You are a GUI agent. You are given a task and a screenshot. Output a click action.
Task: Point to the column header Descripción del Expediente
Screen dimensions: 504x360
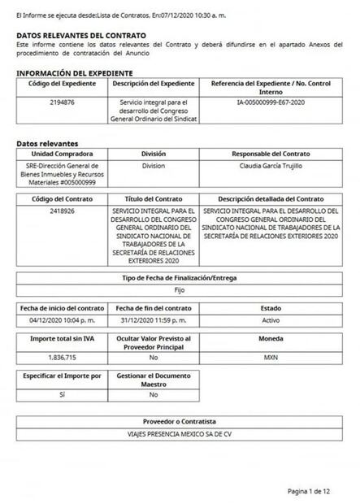[154, 84]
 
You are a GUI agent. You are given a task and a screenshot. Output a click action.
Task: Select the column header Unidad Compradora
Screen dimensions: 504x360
[62, 153]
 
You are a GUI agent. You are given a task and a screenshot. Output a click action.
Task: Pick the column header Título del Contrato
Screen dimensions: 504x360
[154, 198]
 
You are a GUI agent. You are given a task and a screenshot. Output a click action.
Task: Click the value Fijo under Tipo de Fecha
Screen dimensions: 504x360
[180, 289]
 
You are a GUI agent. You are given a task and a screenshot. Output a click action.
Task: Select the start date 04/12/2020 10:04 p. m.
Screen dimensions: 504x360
[62, 320]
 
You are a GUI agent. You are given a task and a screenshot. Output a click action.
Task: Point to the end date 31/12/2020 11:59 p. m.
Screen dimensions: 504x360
[154, 320]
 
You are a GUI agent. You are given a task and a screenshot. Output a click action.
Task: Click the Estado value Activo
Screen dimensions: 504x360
[271, 320]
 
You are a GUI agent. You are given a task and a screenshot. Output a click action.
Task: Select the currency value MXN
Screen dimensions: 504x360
[271, 357]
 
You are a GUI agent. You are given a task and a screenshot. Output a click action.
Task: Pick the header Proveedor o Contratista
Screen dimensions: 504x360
[180, 422]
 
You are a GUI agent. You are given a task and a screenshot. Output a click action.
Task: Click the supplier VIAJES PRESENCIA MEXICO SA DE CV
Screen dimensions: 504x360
[180, 434]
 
